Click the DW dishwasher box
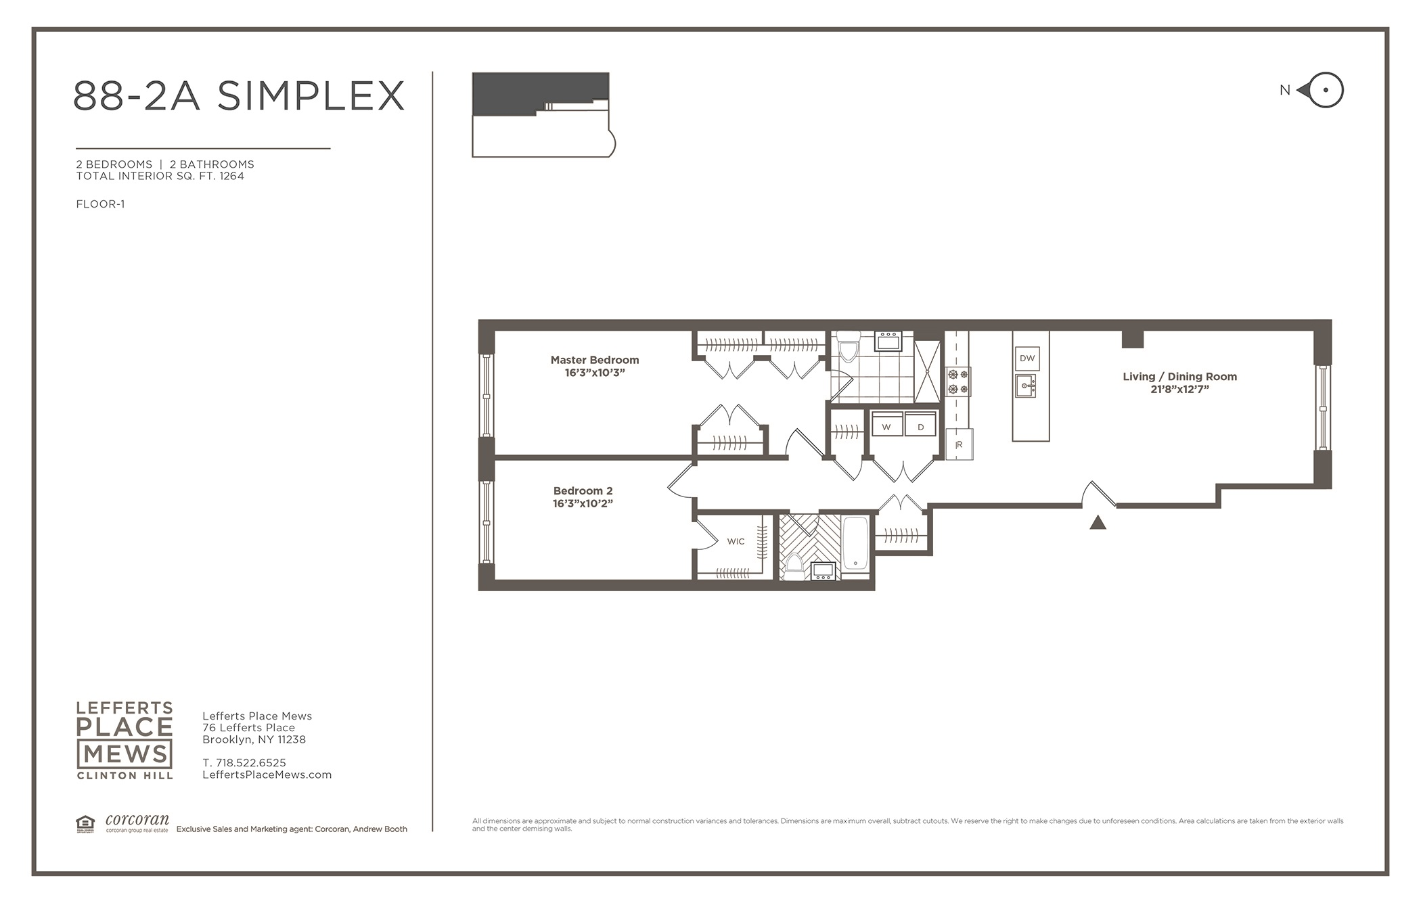click(1027, 358)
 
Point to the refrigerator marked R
click(959, 444)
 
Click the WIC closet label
click(736, 541)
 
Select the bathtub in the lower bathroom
click(856, 544)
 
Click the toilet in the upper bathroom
click(848, 346)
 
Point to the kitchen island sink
click(1026, 386)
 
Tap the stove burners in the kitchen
click(957, 381)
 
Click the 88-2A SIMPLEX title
click(238, 95)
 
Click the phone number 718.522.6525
click(251, 762)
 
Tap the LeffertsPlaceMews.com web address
click(267, 774)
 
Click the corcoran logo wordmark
click(137, 820)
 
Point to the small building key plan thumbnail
click(543, 115)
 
